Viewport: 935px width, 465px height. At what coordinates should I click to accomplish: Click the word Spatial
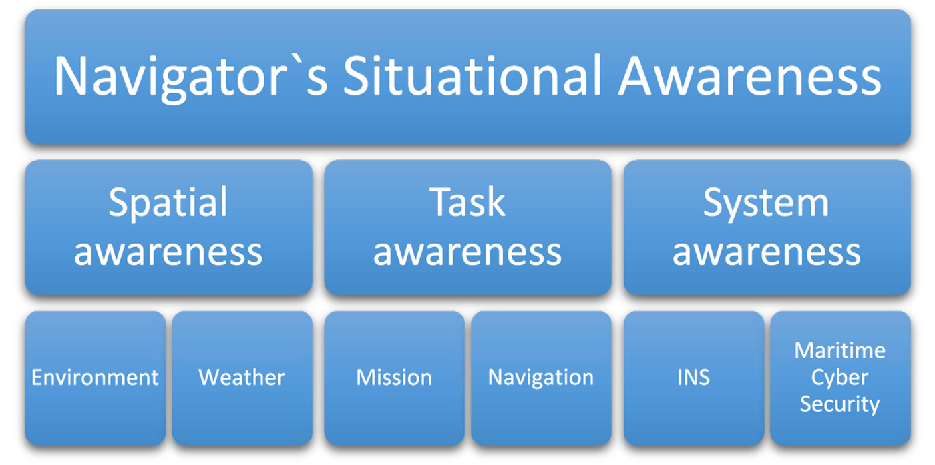coord(168,202)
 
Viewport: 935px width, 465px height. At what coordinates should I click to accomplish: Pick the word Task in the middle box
coord(467,202)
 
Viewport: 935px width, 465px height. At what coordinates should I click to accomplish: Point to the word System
coord(766,202)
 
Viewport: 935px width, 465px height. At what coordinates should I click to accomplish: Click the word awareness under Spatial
coord(168,252)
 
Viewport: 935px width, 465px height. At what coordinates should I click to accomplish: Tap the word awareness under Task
coord(467,252)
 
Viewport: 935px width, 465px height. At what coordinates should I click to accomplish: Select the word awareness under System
coord(766,252)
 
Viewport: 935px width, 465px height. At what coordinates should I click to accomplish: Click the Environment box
coord(95,378)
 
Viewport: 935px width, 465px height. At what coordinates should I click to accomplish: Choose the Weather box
coord(242,378)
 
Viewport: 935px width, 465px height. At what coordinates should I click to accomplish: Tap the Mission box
coord(394,378)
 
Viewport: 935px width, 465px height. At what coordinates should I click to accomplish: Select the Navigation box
coord(541,378)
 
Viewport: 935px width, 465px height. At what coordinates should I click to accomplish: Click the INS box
coord(693,378)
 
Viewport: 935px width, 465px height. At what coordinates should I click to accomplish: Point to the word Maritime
coord(840,350)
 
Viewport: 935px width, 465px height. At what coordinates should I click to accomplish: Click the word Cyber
coord(840,378)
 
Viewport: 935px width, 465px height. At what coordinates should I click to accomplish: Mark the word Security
coord(840,404)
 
